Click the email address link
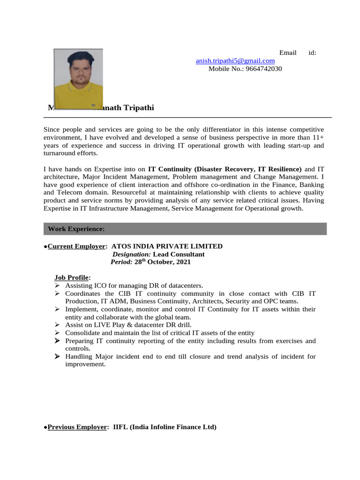point(235,61)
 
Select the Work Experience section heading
point(76,229)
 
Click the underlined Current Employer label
point(77,246)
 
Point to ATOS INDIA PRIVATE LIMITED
point(167,246)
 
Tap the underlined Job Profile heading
point(72,277)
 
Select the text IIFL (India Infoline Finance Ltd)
point(165,427)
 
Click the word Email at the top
point(288,52)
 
